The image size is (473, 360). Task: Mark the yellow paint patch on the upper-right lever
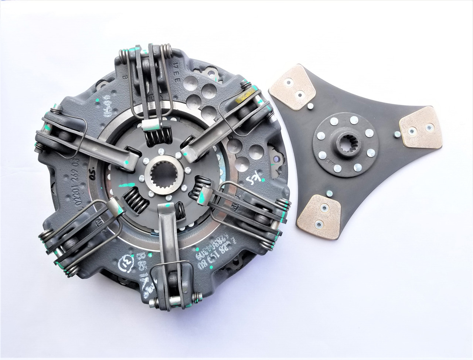click(x=245, y=99)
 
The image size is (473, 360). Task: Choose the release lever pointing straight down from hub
click(x=166, y=240)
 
